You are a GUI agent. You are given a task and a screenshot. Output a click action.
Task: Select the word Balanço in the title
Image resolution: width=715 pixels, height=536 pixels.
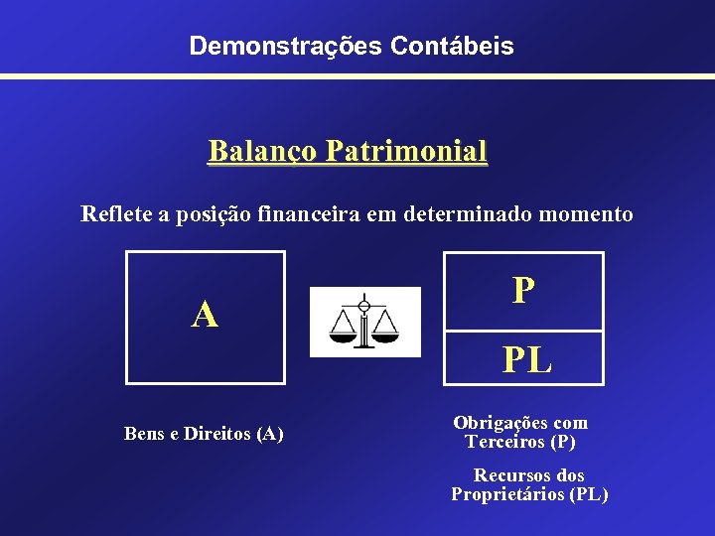[x=262, y=152]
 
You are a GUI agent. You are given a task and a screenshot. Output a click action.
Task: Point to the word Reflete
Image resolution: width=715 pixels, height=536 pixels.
[x=113, y=213]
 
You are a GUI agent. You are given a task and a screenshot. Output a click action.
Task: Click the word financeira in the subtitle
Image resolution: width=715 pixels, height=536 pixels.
[x=311, y=213]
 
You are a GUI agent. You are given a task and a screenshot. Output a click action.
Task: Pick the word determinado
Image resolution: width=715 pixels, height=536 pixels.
[x=466, y=213]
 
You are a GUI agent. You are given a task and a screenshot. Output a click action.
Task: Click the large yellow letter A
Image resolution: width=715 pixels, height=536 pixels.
[x=205, y=315]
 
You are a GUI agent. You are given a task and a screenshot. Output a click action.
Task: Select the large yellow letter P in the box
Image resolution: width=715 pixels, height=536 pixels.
[x=523, y=290]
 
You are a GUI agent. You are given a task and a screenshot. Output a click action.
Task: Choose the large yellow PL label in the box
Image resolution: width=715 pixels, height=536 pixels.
[x=526, y=359]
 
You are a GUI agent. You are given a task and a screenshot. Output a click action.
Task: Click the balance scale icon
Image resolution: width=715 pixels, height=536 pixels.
[x=364, y=321]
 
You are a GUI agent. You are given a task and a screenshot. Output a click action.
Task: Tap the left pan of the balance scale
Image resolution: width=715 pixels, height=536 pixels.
[x=345, y=334]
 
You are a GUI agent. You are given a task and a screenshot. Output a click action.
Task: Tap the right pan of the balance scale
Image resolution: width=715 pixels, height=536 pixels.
[x=383, y=334]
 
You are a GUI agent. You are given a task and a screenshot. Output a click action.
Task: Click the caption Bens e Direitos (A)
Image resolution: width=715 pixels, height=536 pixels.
[x=204, y=434]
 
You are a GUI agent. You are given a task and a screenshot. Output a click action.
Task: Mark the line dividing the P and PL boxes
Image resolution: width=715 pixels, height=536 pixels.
[x=523, y=330]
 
